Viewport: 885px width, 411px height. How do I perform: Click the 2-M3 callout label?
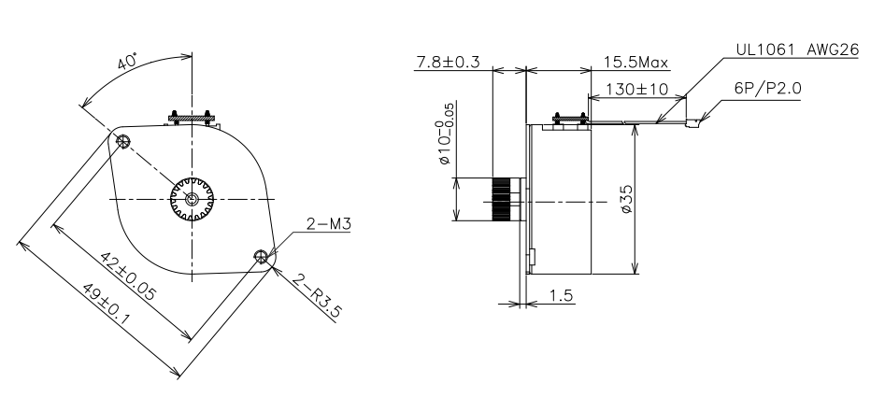(x=325, y=225)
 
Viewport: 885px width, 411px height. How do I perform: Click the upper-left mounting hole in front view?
(x=123, y=140)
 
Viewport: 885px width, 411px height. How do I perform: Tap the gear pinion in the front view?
(x=193, y=199)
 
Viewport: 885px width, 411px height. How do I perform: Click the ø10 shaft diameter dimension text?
(x=447, y=140)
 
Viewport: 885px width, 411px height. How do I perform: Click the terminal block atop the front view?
(x=193, y=119)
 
